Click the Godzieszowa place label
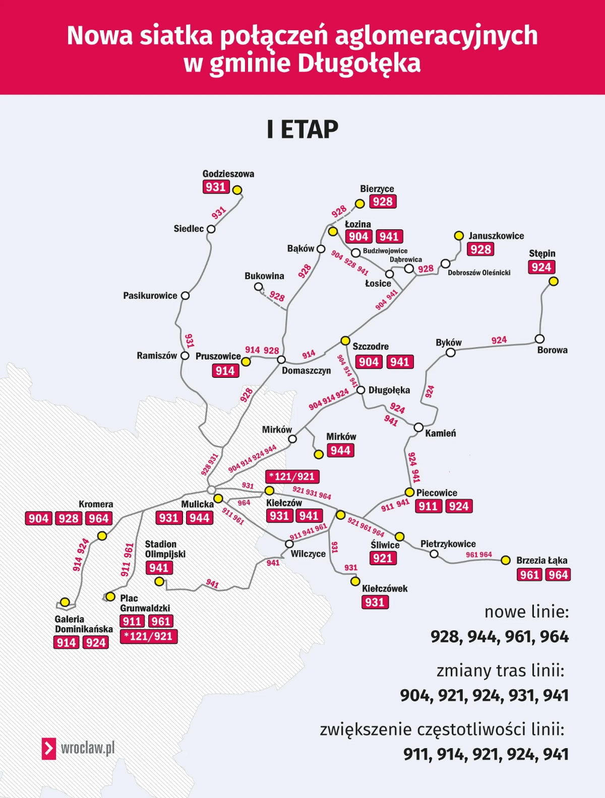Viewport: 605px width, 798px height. point(228,174)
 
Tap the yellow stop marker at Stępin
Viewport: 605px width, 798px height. point(554,282)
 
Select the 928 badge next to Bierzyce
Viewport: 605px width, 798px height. point(383,202)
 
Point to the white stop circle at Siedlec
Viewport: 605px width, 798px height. point(211,229)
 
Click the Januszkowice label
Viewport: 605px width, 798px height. point(496,236)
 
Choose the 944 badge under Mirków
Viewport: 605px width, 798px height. point(340,450)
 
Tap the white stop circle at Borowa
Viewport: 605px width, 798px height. point(539,339)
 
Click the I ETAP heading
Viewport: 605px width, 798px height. point(302,129)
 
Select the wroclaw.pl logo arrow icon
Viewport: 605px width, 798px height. point(48,749)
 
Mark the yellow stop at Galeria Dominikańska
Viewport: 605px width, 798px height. point(65,602)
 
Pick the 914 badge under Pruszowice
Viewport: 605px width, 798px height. point(225,371)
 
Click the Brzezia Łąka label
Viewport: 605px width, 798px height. point(541,560)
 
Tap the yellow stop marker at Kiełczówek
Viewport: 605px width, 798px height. point(355,581)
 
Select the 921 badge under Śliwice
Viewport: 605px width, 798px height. point(383,558)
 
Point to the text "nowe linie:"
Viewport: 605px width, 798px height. point(526,612)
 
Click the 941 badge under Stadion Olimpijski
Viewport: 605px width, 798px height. point(159,568)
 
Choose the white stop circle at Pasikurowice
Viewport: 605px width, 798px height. point(185,296)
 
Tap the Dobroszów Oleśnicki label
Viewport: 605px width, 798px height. point(479,273)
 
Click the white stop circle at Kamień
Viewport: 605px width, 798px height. point(418,428)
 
